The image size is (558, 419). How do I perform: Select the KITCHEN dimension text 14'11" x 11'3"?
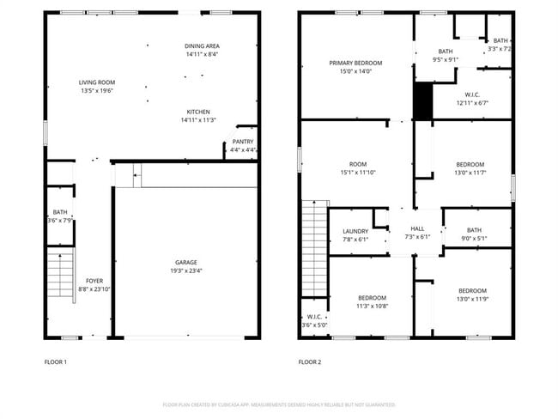coord(198,120)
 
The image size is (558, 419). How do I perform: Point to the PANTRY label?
coord(243,142)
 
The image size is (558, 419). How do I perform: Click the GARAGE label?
coord(186,263)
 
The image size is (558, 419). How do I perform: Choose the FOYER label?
coord(94,281)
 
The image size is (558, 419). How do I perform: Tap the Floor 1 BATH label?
coord(59,212)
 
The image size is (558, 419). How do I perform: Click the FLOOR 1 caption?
coord(55,362)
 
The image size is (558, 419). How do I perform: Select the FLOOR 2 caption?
coord(310,362)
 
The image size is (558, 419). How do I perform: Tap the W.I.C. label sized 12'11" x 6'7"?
coord(471,94)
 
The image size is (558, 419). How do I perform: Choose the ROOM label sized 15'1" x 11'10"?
coord(358,164)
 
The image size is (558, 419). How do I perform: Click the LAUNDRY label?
coord(355,231)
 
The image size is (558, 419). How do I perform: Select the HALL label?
coord(417,228)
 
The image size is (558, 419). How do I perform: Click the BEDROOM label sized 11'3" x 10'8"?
coord(372,298)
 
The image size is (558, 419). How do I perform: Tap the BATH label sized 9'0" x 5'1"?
coord(475,230)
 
